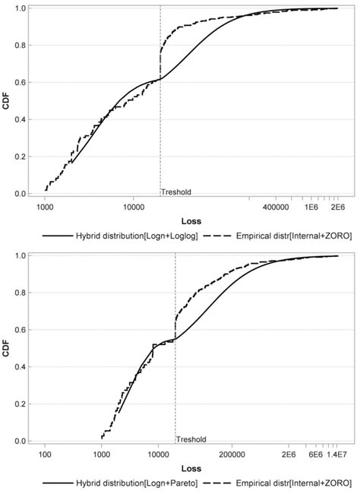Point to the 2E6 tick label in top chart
tap(337, 207)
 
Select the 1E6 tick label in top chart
tap(311, 207)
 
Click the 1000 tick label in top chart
tap(45, 207)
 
